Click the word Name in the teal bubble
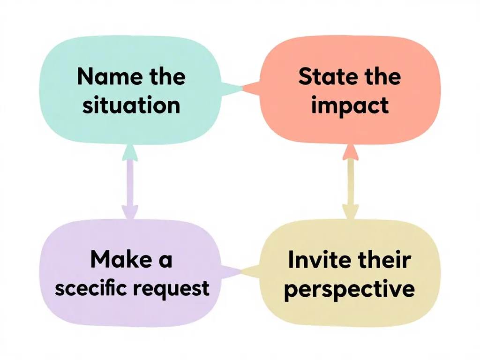coord(103,76)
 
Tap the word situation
coord(131,105)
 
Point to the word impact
coord(350,105)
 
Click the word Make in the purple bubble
coord(117,259)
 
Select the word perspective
coord(350,289)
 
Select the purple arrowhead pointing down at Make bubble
coord(130,211)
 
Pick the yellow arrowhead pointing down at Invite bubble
coord(350,211)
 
